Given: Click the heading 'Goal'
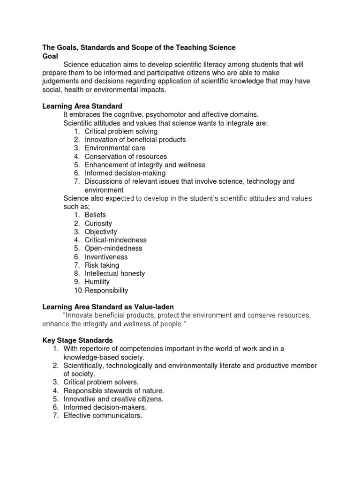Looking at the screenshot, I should point(50,56).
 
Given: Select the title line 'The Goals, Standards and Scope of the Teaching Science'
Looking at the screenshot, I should point(139,47).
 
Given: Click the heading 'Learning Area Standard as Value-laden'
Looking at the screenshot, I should point(108,307).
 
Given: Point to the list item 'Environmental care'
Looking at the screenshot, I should point(115,148).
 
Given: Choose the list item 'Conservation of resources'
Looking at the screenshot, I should point(126,157).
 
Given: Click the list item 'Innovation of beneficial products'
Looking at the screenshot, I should point(135,140).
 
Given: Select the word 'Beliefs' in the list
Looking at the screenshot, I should point(95,215).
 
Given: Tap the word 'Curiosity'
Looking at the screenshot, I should point(98,224).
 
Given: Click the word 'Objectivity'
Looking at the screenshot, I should point(101,232).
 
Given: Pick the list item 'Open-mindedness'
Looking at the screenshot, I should point(113,248).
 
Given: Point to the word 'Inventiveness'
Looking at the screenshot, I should point(106,257).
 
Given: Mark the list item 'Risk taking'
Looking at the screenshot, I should point(102,265).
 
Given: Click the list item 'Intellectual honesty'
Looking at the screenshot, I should point(115,273).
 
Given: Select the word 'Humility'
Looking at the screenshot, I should point(97,282).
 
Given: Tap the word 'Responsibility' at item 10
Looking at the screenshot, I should point(106,290).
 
